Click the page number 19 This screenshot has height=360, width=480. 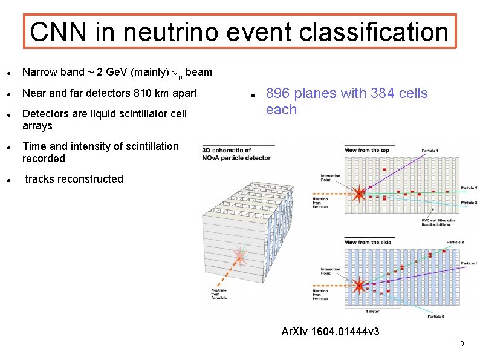tap(459, 344)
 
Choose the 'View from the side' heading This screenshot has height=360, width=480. tap(367, 243)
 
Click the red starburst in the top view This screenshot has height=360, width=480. tap(360, 194)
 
